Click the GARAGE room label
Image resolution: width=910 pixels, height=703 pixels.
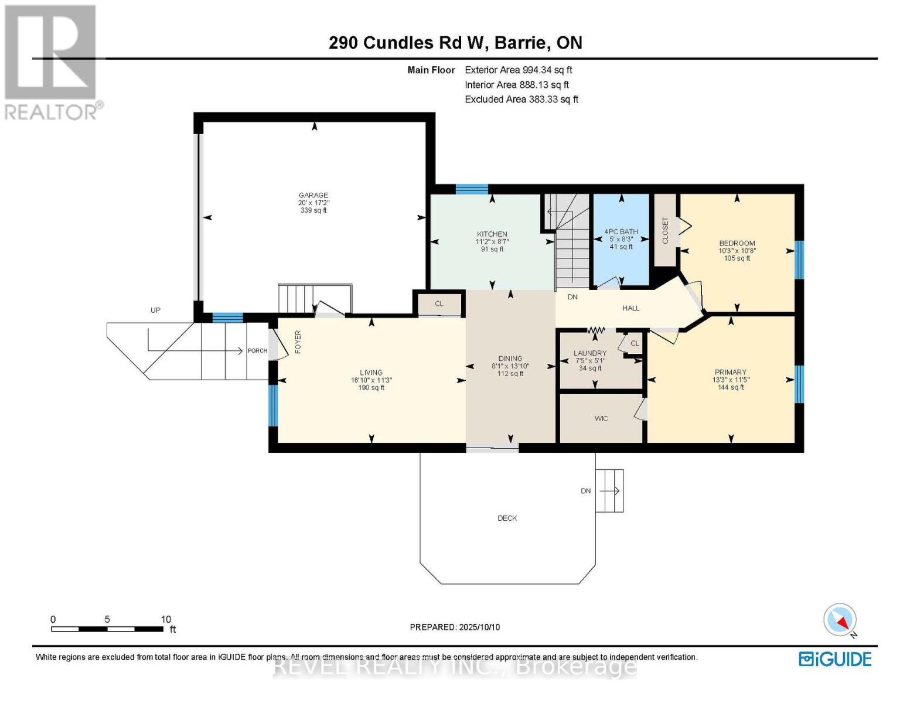(313, 195)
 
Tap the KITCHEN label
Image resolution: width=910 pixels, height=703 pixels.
(492, 234)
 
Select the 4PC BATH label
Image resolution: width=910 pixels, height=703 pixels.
(621, 231)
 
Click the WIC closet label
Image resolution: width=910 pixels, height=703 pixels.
(601, 418)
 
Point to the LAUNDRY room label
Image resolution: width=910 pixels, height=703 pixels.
(590, 353)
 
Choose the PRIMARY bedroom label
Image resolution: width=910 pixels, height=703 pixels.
(730, 372)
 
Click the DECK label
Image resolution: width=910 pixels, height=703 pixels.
(507, 518)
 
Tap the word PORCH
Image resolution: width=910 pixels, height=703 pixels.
(257, 351)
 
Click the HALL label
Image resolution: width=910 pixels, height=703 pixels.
(631, 308)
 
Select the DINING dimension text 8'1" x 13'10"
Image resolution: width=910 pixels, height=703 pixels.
(510, 366)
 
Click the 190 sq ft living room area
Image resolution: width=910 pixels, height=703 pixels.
(371, 388)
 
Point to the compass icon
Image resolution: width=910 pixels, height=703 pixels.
(840, 620)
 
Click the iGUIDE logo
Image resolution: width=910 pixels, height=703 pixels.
(835, 659)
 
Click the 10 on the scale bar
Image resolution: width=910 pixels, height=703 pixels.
(166, 619)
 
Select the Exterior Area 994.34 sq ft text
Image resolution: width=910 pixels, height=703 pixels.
(518, 70)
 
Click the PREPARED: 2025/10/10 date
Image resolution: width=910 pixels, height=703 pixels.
(455, 627)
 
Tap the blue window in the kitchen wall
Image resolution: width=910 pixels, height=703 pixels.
(472, 189)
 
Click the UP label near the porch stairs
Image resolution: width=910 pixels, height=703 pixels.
(155, 310)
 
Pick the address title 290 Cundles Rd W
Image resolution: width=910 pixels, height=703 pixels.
(410, 43)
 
